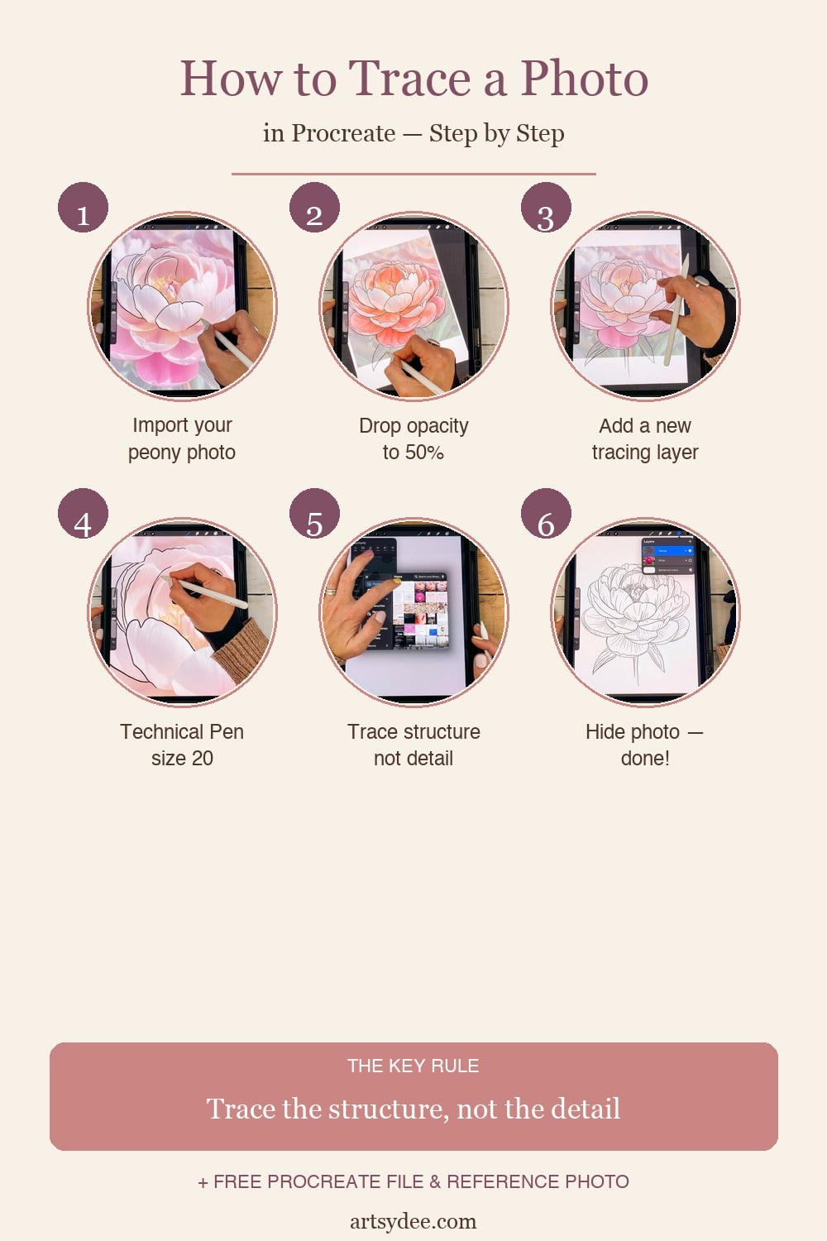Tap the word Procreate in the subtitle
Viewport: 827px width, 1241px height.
pyautogui.click(x=343, y=133)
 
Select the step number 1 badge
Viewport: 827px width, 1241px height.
pyautogui.click(x=83, y=208)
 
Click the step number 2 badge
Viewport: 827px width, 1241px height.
pyautogui.click(x=314, y=208)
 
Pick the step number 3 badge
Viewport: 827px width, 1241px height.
pyautogui.click(x=546, y=208)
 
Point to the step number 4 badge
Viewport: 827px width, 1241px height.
pyautogui.click(x=83, y=514)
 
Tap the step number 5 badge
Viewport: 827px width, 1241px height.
pyautogui.click(x=314, y=514)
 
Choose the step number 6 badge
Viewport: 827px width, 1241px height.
pyautogui.click(x=546, y=514)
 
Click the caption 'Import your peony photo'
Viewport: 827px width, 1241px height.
pyautogui.click(x=182, y=438)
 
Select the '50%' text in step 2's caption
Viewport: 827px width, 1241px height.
pyautogui.click(x=424, y=453)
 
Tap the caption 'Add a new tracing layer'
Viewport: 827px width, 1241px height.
pyautogui.click(x=645, y=438)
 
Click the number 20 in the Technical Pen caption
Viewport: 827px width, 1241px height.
pyautogui.click(x=203, y=759)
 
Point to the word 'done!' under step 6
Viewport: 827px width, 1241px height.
pyautogui.click(x=645, y=759)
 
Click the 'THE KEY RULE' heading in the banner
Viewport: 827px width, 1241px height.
pyautogui.click(x=413, y=1066)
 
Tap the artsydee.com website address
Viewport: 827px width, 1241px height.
pyautogui.click(x=413, y=1221)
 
